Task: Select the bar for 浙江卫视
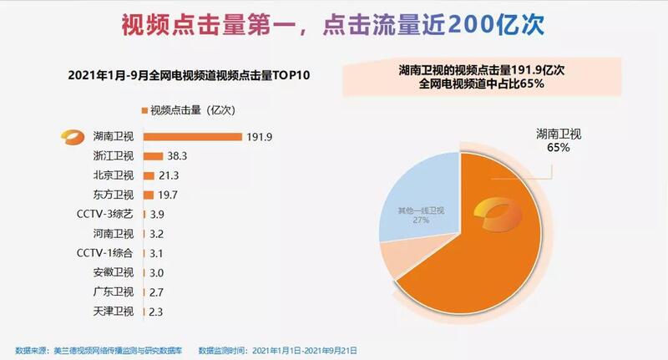pos(153,156)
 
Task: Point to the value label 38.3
pos(179,156)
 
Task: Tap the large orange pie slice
pos(501,251)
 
